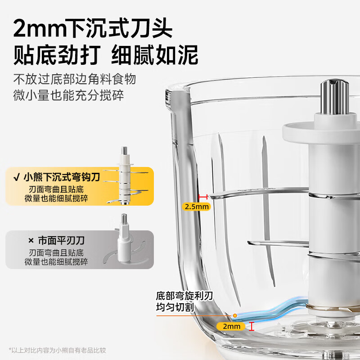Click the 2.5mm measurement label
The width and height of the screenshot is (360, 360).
tap(197, 207)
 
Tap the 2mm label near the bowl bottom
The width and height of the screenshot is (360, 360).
tap(231, 326)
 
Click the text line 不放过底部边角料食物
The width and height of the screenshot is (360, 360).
tap(74, 80)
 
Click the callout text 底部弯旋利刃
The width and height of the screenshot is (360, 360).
tap(184, 296)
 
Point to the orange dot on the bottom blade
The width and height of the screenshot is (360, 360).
tap(234, 316)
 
